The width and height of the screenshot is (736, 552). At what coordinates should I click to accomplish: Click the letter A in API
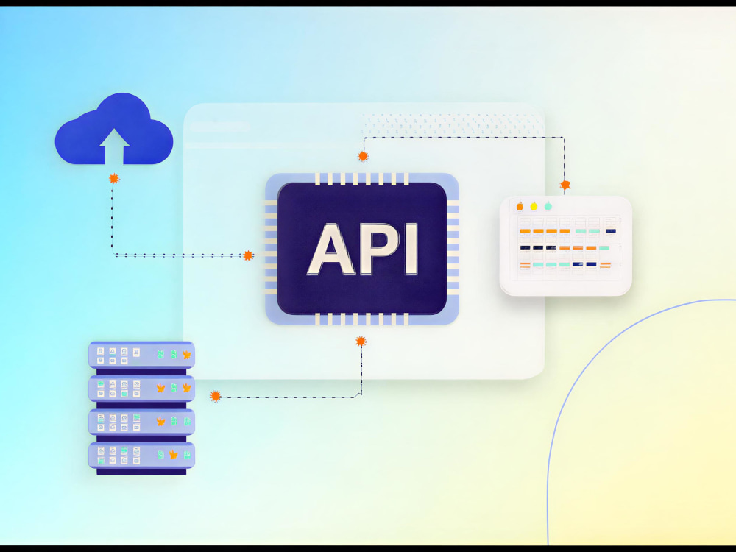[x=330, y=249]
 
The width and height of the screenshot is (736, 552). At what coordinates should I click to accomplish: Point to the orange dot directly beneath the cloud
[x=113, y=178]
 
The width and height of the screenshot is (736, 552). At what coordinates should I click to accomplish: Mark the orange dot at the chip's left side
[x=248, y=255]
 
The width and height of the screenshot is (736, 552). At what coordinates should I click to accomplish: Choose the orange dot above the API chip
[x=363, y=156]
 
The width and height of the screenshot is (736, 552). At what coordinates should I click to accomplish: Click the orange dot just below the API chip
[x=361, y=342]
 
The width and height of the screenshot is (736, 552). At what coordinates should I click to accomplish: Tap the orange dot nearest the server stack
[x=216, y=396]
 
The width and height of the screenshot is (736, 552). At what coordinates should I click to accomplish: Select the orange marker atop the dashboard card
[x=565, y=185]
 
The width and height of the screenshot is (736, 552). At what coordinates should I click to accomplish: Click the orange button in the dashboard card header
[x=520, y=206]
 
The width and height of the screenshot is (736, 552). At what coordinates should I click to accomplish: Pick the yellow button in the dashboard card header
[x=534, y=206]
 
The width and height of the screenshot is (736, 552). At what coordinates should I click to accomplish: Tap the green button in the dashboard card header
[x=548, y=206]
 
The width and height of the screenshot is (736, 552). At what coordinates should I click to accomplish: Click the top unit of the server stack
[x=141, y=355]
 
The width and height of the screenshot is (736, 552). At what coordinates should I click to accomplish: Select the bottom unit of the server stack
[x=141, y=456]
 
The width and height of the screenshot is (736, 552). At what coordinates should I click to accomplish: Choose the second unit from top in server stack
[x=141, y=388]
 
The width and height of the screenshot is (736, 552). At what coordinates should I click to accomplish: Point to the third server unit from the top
[x=141, y=422]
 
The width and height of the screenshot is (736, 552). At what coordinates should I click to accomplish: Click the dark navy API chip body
[x=362, y=249]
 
